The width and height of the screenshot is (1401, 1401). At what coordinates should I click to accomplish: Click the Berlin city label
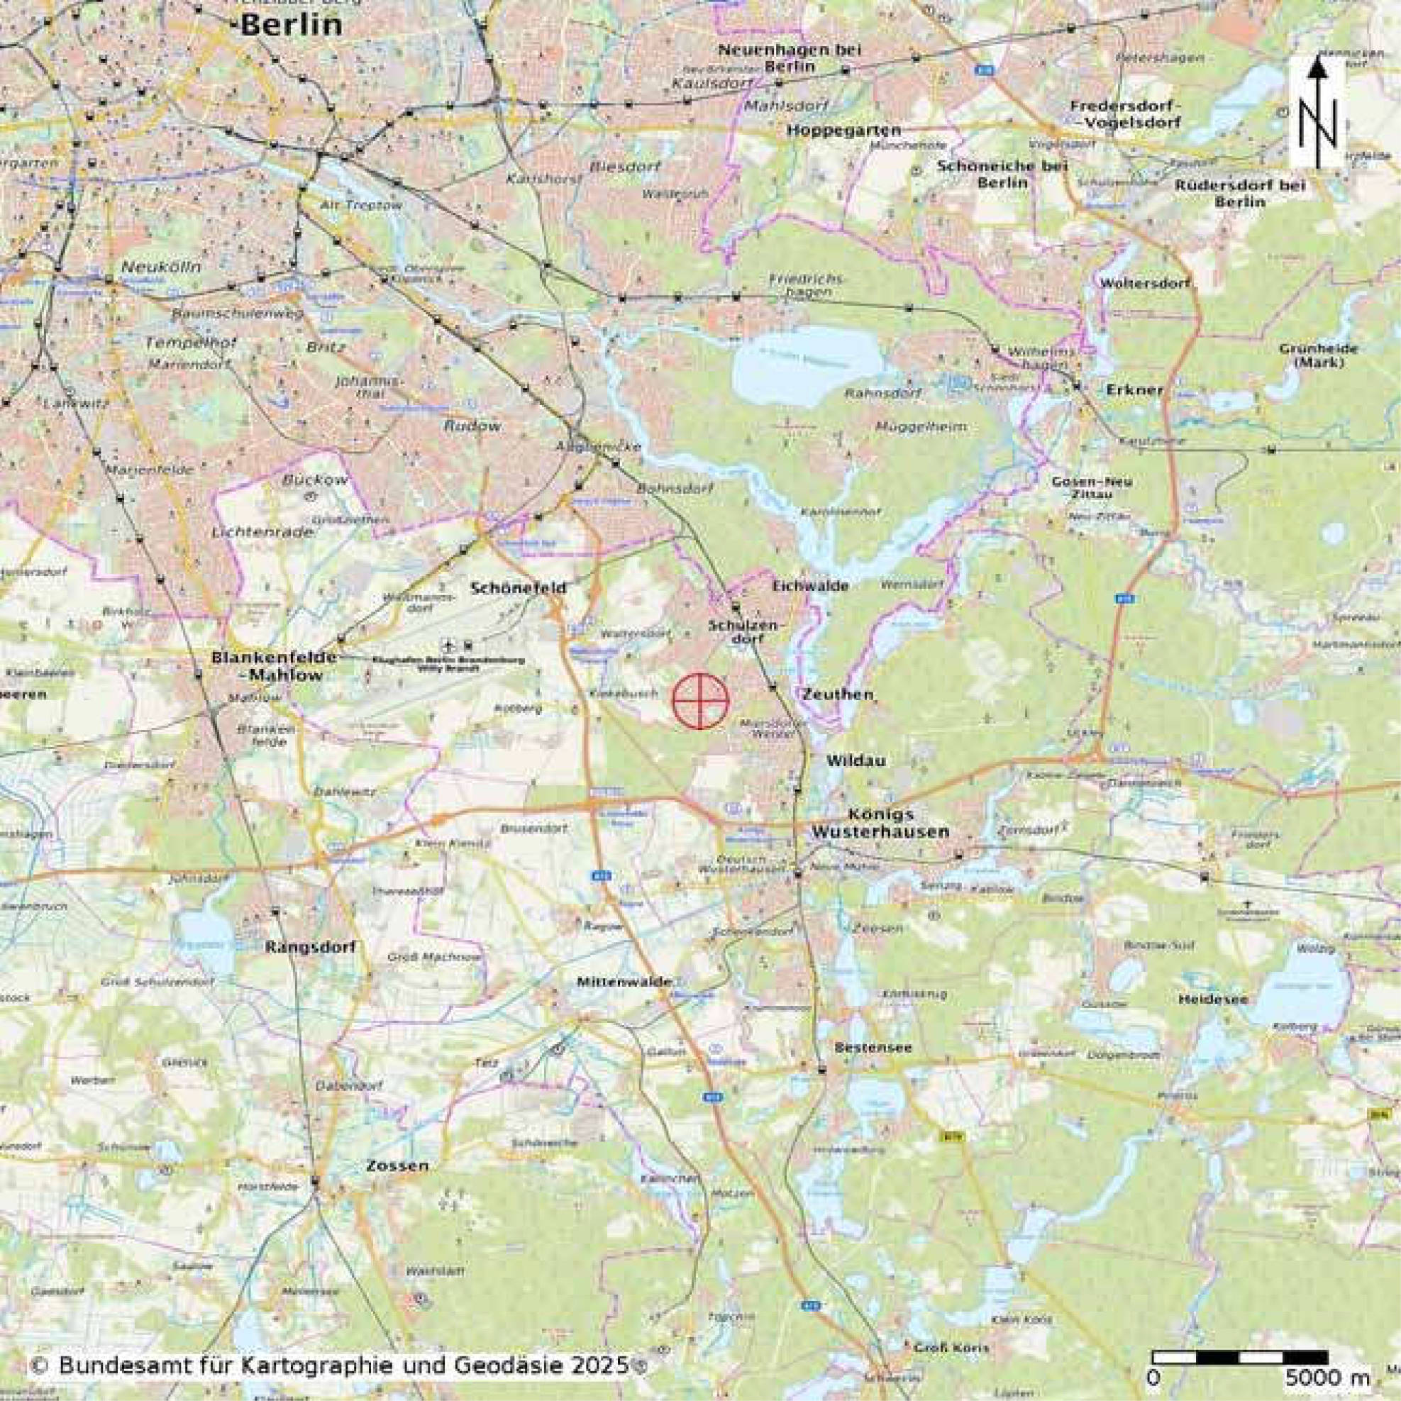click(291, 25)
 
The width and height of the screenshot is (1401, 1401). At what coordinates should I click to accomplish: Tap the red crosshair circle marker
click(699, 701)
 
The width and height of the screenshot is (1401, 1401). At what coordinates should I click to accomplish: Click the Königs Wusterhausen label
click(880, 823)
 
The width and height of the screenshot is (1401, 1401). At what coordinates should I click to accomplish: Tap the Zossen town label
click(397, 1166)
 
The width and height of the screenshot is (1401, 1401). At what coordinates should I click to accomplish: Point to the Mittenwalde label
click(624, 981)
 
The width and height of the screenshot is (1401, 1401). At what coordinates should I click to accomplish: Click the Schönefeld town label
click(518, 588)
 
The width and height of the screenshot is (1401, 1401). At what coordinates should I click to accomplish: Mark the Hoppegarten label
click(843, 131)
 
